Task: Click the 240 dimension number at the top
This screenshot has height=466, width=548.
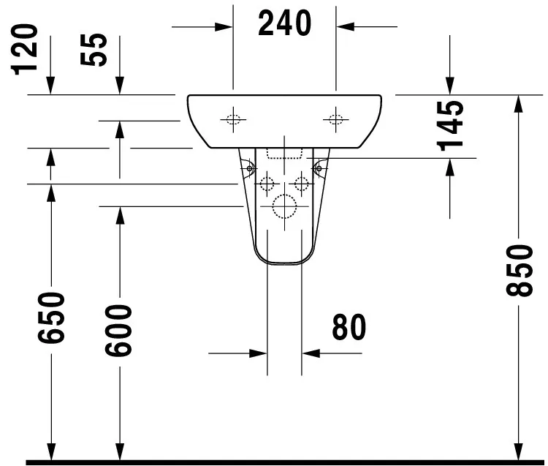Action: click(284, 23)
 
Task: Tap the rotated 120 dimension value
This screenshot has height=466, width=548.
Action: click(24, 49)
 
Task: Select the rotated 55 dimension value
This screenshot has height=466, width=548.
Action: click(94, 49)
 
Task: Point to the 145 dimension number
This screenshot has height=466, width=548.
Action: click(450, 126)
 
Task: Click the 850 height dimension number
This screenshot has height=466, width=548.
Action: click(520, 271)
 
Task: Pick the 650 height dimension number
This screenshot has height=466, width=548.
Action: click(51, 317)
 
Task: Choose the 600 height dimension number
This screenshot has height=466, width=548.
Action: click(119, 331)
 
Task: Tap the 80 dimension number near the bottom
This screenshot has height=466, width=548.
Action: click(349, 327)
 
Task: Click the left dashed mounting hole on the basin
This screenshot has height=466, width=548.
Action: click(233, 120)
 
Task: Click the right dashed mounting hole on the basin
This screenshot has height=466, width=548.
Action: click(336, 120)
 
